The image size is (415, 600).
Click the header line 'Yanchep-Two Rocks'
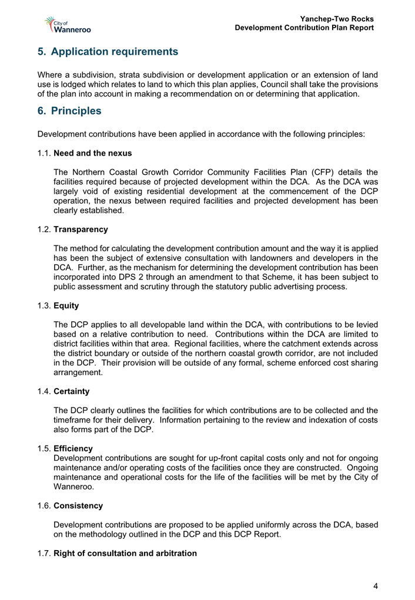[x=337, y=19]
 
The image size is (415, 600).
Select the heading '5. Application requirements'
[x=108, y=52]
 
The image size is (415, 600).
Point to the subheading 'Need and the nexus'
[x=92, y=153]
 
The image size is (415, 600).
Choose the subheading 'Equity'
[x=66, y=306]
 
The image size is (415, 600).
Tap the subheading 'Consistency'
[x=78, y=505]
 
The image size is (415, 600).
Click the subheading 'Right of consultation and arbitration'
[x=125, y=554]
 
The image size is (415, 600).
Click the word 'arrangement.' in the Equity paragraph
[x=78, y=372]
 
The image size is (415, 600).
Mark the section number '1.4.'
[x=44, y=389]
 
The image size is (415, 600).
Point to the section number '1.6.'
[x=44, y=505]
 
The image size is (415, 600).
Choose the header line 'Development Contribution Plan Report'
[x=304, y=28]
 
